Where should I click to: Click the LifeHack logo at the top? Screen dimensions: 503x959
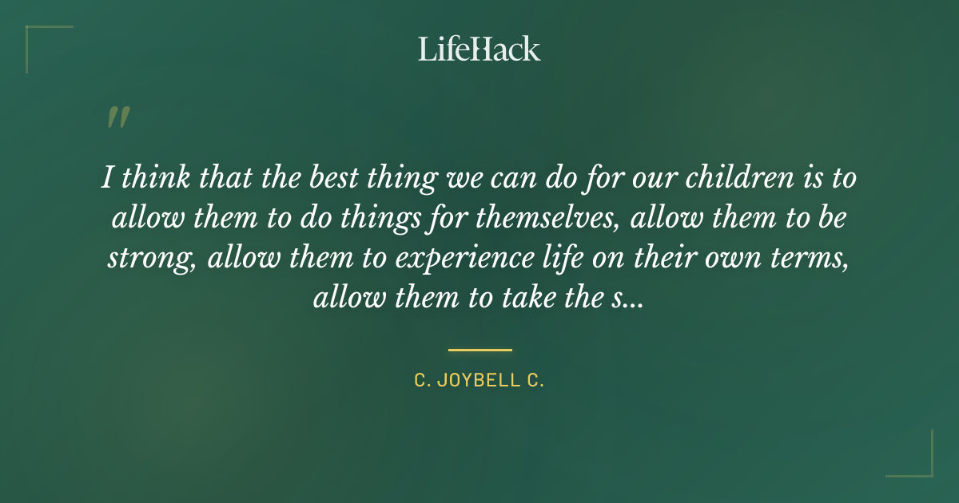479,49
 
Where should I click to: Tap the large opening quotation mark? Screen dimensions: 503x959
117,118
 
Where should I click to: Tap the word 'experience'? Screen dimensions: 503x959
460,259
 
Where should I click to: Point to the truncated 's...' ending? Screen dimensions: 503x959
627,299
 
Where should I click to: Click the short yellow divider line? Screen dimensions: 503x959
479,350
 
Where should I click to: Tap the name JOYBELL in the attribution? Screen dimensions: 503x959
479,381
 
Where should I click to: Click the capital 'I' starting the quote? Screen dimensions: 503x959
106,177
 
